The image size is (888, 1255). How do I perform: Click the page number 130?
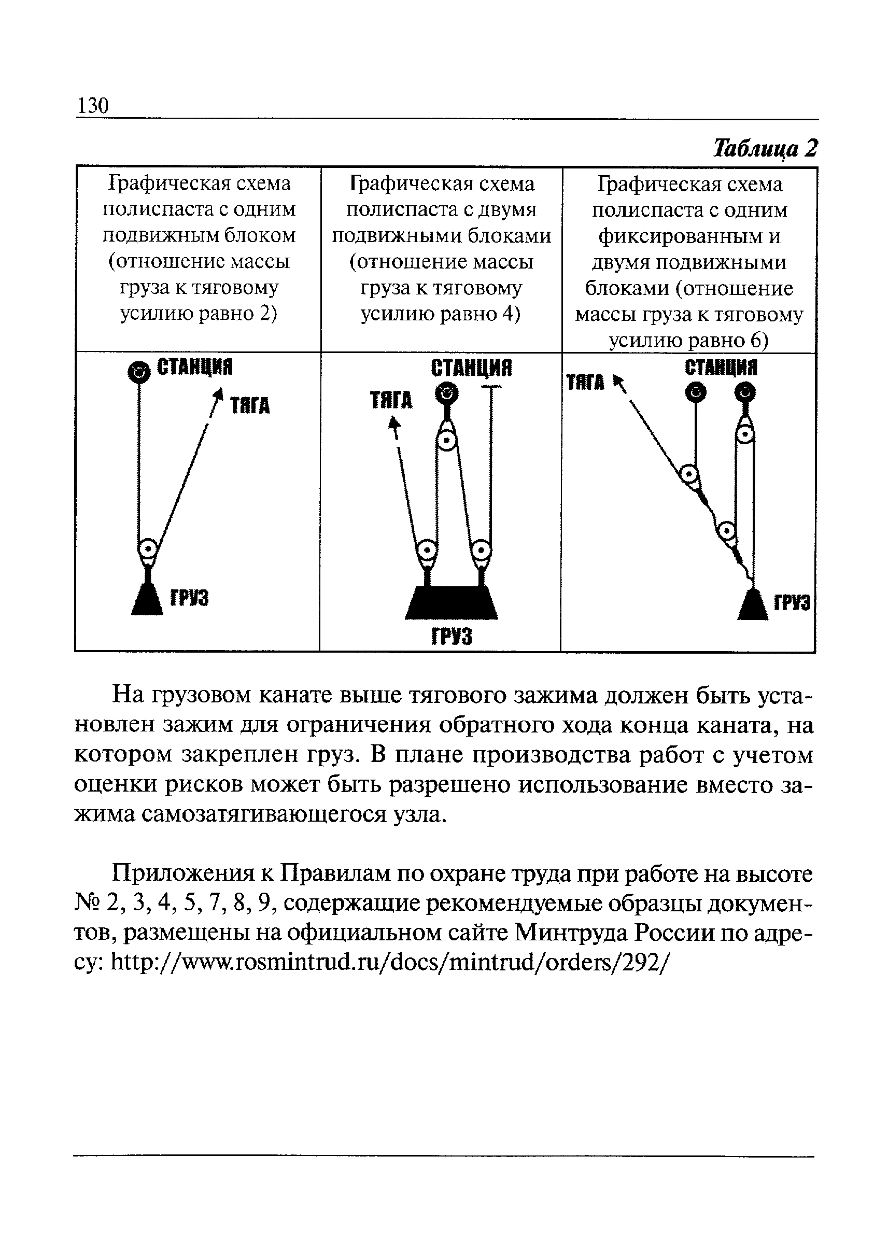[x=93, y=105]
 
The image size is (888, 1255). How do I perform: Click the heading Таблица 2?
[x=765, y=148]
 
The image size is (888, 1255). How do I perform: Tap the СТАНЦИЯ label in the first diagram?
[x=195, y=368]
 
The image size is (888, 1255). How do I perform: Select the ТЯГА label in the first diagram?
[x=249, y=406]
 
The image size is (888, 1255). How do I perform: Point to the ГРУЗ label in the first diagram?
[x=189, y=598]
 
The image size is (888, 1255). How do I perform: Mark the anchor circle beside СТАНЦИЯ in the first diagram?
[x=138, y=372]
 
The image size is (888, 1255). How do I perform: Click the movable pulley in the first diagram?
[x=148, y=548]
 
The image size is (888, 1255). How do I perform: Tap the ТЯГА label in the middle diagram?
[x=391, y=400]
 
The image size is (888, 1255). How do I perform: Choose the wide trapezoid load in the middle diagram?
[x=451, y=603]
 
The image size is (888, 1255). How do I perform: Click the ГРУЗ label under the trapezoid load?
[x=452, y=637]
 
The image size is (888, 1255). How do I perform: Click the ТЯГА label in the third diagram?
[x=585, y=382]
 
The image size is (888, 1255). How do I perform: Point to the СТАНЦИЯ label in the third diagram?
[x=721, y=368]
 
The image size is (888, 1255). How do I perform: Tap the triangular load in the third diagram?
[x=752, y=605]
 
